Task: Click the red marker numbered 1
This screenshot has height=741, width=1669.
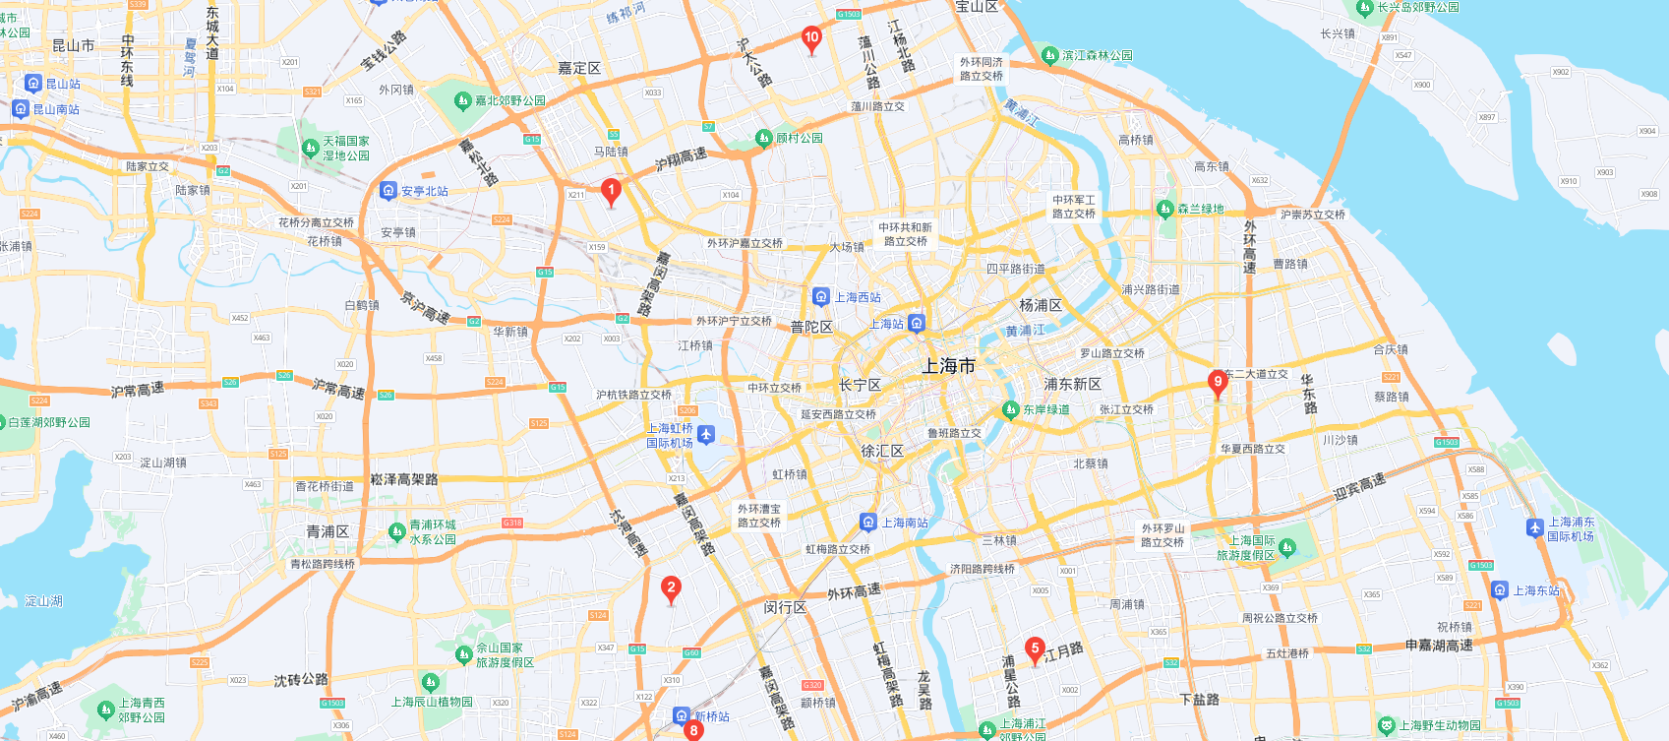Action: pyautogui.click(x=611, y=191)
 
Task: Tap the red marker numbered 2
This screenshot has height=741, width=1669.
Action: pyautogui.click(x=671, y=589)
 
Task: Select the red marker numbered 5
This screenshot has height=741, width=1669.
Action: pyautogui.click(x=1035, y=649)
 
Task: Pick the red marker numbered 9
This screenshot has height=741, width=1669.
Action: pyautogui.click(x=1218, y=383)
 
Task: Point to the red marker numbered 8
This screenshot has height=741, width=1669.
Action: pyautogui.click(x=694, y=730)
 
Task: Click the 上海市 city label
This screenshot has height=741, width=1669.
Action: pyautogui.click(x=948, y=366)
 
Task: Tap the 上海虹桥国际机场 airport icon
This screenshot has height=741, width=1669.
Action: pyautogui.click(x=706, y=435)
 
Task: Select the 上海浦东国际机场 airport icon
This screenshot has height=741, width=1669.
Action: pyautogui.click(x=1535, y=528)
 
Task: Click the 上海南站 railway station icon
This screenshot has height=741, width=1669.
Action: pyautogui.click(x=868, y=523)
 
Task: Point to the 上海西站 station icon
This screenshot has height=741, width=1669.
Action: pyautogui.click(x=821, y=296)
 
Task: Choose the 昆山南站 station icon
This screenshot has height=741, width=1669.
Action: pyautogui.click(x=21, y=109)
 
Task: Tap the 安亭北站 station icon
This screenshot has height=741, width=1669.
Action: pyautogui.click(x=388, y=191)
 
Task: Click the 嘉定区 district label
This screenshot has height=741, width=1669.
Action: pyautogui.click(x=579, y=68)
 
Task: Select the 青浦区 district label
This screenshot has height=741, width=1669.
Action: pyautogui.click(x=328, y=531)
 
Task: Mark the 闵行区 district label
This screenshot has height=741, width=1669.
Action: pyautogui.click(x=785, y=607)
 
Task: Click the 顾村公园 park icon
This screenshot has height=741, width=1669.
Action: pyautogui.click(x=763, y=138)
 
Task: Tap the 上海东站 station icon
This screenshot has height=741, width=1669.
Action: pyautogui.click(x=1500, y=590)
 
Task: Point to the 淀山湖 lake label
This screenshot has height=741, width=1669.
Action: pyautogui.click(x=43, y=601)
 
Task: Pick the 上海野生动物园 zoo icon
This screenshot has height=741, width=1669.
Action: pyautogui.click(x=1386, y=726)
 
